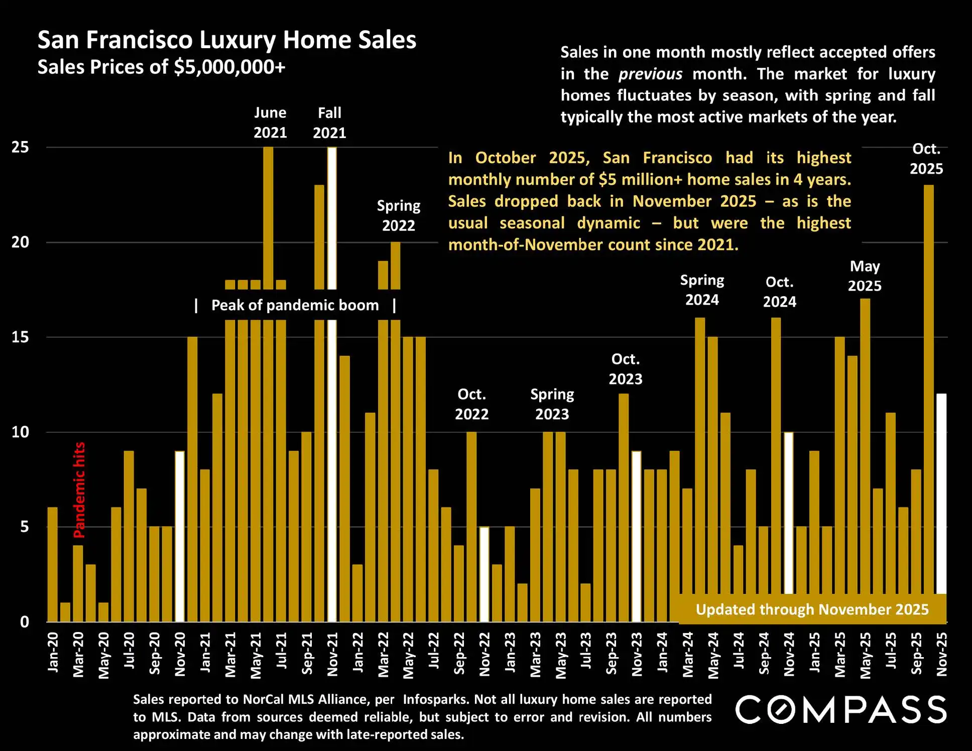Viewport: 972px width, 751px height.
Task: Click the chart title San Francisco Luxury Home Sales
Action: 227,40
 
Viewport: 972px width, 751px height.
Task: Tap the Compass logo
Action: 840,710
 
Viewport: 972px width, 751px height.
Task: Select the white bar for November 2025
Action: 941,492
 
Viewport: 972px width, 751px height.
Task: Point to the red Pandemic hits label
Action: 79,490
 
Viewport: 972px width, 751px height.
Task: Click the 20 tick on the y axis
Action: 21,242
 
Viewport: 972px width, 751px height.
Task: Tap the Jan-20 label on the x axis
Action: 53,652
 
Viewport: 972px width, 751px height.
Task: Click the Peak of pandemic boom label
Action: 295,305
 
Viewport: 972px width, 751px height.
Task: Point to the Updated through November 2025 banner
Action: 812,609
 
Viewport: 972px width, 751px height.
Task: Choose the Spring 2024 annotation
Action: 702,290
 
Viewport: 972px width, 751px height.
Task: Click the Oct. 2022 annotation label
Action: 471,404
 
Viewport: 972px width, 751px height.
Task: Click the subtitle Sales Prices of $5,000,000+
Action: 161,67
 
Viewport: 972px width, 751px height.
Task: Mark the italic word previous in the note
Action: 650,74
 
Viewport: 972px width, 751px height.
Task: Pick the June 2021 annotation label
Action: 270,122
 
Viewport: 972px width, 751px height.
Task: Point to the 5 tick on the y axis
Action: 24,527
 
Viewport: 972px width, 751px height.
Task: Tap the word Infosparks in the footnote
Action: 435,699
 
